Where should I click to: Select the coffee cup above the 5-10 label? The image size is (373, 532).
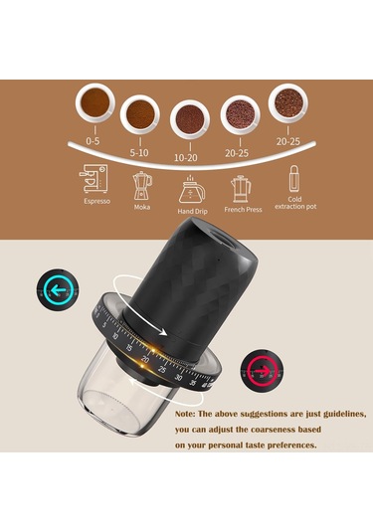pos(139,114)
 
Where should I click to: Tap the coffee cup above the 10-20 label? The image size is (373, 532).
pos(189,119)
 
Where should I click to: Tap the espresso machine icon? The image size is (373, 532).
pos(93,182)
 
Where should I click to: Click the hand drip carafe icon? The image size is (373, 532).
pos(190,190)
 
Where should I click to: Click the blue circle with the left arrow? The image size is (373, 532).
pos(54,291)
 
